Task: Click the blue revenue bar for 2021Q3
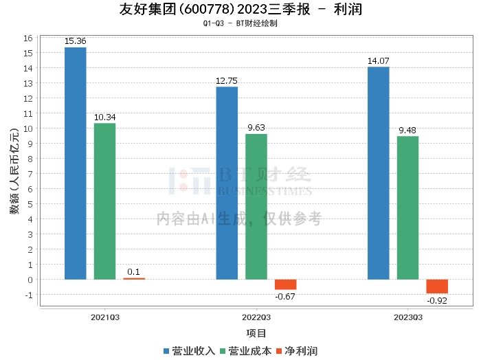coord(75,164)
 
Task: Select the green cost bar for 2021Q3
coord(104,201)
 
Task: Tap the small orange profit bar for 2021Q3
coord(134,278)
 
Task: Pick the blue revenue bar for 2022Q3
coord(227,183)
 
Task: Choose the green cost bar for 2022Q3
coord(256,207)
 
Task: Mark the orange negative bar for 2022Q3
coord(286,284)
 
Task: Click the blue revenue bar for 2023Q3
coord(378,173)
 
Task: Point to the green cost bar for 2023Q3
coord(407,207)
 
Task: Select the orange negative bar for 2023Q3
coord(437,286)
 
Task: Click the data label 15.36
coord(75,41)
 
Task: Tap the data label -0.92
coord(437,301)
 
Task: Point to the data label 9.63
coord(256,128)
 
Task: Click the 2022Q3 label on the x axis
coord(256,317)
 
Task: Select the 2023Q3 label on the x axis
coord(407,317)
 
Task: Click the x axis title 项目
coord(256,333)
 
